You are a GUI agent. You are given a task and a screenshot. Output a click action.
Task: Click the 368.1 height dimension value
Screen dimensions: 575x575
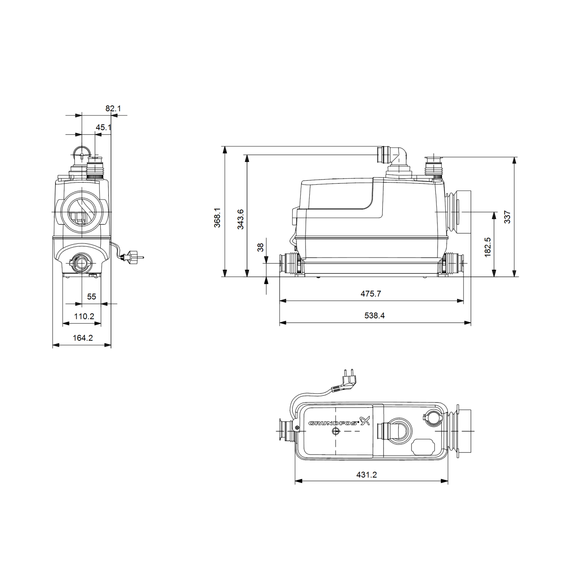pyautogui.click(x=218, y=218)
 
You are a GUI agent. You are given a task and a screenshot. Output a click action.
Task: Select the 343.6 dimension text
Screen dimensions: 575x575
pyautogui.click(x=241, y=219)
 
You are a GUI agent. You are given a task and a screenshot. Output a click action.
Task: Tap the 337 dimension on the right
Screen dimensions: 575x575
pyautogui.click(x=508, y=217)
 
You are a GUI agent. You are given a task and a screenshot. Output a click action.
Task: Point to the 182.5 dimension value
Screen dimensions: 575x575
pyautogui.click(x=488, y=247)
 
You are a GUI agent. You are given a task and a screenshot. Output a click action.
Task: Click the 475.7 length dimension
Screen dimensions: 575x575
pyautogui.click(x=371, y=294)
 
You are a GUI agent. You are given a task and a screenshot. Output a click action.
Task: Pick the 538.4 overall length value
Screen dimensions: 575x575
pyautogui.click(x=375, y=315)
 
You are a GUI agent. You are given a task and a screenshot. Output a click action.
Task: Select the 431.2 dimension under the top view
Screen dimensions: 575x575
pyautogui.click(x=366, y=474)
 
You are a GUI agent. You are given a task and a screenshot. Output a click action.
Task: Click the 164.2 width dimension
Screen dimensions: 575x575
pyautogui.click(x=83, y=338)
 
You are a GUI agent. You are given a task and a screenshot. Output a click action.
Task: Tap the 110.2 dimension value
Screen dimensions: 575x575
pyautogui.click(x=84, y=316)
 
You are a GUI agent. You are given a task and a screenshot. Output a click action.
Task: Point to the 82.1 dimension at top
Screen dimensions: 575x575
pyautogui.click(x=113, y=108)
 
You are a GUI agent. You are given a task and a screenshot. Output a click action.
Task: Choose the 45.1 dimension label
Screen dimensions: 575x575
pyautogui.click(x=103, y=127)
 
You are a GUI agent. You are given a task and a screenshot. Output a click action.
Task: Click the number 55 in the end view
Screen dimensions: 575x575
pyautogui.click(x=91, y=297)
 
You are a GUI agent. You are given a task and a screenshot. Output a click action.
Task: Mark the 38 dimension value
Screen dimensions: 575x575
pyautogui.click(x=260, y=247)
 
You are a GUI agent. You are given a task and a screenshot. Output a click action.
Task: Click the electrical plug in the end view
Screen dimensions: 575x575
pyautogui.click(x=134, y=258)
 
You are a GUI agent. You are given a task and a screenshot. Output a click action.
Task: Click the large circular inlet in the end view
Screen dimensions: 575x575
pyautogui.click(x=81, y=211)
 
